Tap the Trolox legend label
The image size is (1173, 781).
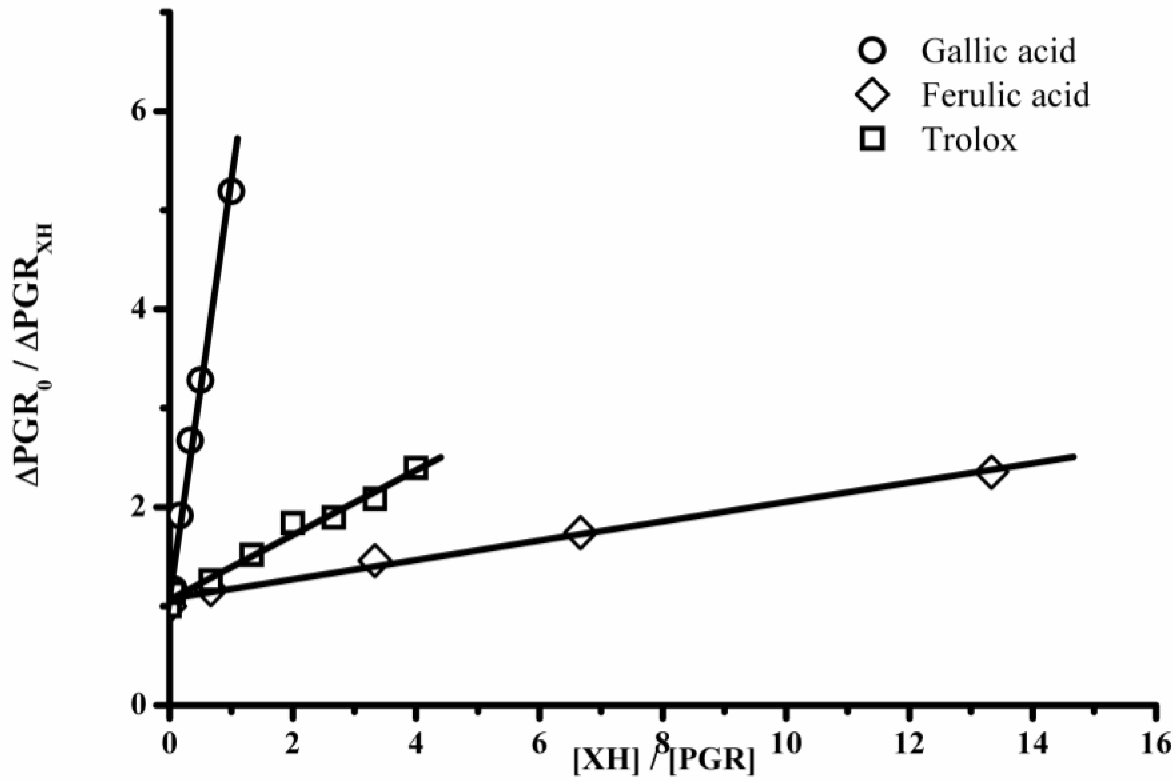[969, 139]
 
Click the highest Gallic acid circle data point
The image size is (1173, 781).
[233, 192]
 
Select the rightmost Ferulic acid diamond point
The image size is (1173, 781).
[991, 471]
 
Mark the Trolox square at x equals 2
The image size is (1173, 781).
[293, 522]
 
